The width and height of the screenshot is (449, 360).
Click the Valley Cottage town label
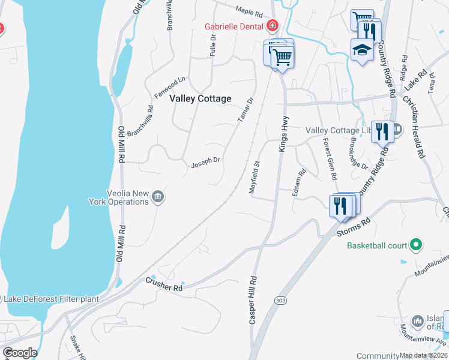pos(200,98)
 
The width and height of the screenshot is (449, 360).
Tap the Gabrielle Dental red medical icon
pos(273,26)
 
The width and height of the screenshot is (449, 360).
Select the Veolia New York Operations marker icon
pos(158,196)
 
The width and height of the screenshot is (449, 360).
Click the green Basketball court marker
pos(415,245)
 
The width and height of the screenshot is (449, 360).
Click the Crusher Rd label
pos(164,284)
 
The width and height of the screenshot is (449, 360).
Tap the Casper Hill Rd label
pos(253,301)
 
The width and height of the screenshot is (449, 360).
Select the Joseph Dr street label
pos(206,162)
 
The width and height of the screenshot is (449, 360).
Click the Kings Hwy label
pos(283,134)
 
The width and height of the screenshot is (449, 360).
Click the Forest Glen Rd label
pos(330,160)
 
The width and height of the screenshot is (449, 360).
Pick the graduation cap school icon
pos(363,50)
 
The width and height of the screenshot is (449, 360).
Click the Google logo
pos(20,353)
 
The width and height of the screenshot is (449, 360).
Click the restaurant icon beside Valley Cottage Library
pos(382,131)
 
